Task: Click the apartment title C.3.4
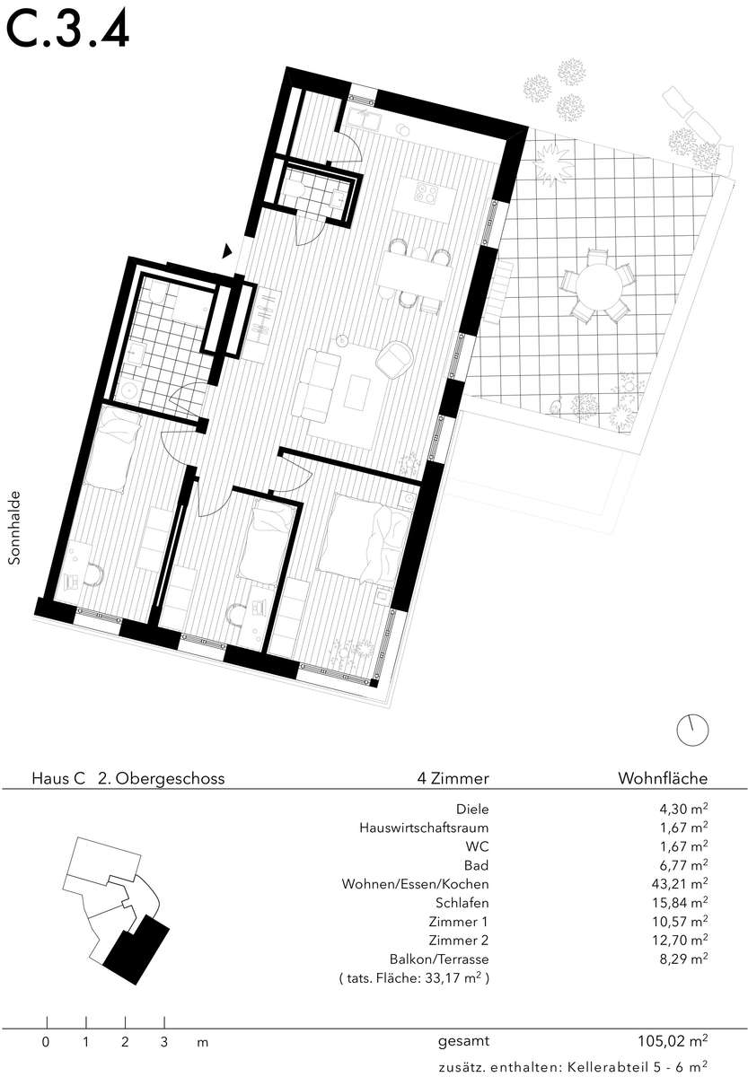(x=67, y=30)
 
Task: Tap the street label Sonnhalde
(x=15, y=528)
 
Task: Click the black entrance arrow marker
(x=227, y=250)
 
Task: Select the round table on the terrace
(x=598, y=286)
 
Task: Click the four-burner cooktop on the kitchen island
(x=427, y=193)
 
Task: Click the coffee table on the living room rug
(x=357, y=393)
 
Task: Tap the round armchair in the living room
(x=395, y=358)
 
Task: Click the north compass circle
(x=692, y=731)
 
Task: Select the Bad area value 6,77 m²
(x=683, y=865)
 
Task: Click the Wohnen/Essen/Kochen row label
(x=415, y=884)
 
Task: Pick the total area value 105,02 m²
(x=673, y=1041)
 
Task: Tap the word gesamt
(x=463, y=1042)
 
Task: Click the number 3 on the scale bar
(x=164, y=1042)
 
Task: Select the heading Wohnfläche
(x=663, y=778)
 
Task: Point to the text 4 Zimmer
(x=453, y=778)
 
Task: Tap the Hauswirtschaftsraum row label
(x=424, y=827)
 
